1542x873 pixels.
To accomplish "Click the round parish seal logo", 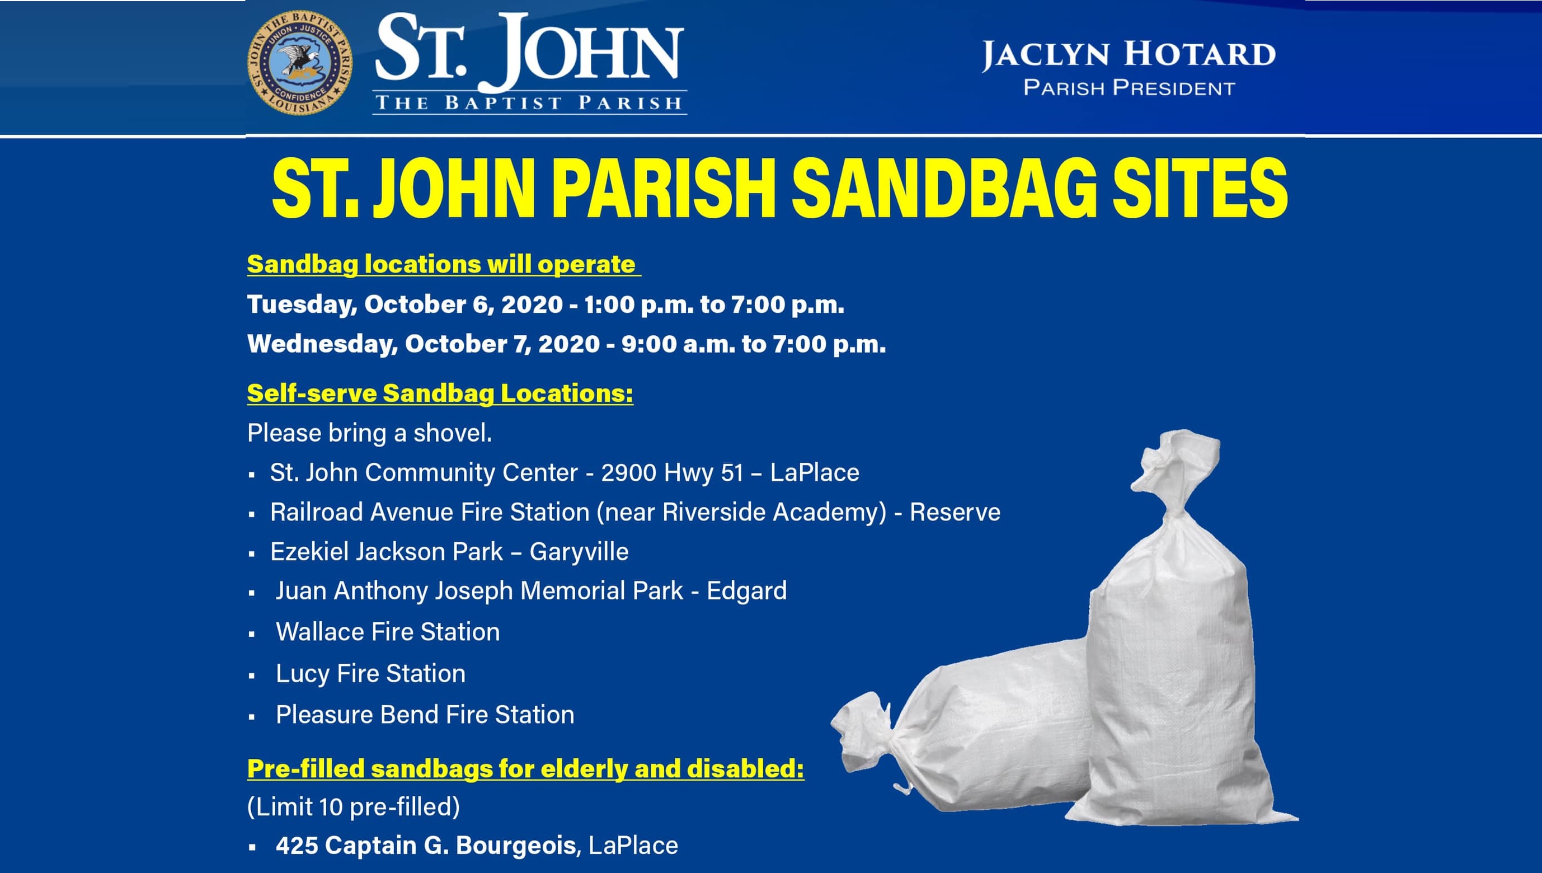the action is pyautogui.click(x=300, y=63).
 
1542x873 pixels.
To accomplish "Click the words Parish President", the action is pyautogui.click(x=1129, y=88).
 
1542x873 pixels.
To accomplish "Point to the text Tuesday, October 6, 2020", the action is pyautogui.click(x=405, y=304).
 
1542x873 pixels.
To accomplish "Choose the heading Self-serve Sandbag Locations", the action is pyautogui.click(x=440, y=393).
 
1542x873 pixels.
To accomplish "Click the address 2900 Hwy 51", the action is pyautogui.click(x=673, y=472).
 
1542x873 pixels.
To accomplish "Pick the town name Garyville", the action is pyautogui.click(x=579, y=552).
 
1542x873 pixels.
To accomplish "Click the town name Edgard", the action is pyautogui.click(x=747, y=590).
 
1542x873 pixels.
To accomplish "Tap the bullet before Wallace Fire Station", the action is pyautogui.click(x=252, y=633).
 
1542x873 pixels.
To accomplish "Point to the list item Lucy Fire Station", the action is pyautogui.click(x=370, y=673).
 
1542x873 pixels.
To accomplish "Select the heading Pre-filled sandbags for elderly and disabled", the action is pyautogui.click(x=525, y=769).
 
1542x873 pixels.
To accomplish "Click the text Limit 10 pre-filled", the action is pyautogui.click(x=354, y=806).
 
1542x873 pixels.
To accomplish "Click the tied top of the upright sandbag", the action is pyautogui.click(x=1174, y=473).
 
